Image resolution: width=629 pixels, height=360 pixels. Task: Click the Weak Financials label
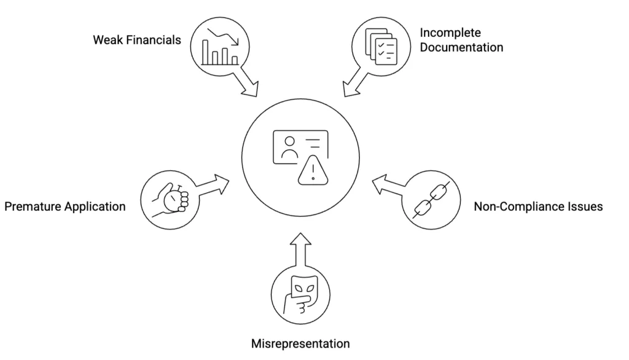coord(137,40)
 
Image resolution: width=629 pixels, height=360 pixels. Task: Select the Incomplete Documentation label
coord(461,40)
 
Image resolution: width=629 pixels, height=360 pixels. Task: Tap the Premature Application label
coord(65,206)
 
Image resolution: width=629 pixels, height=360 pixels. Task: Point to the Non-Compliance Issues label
coord(538,206)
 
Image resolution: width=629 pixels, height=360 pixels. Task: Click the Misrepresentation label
coord(300,343)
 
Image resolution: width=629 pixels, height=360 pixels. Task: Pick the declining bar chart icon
coord(220,47)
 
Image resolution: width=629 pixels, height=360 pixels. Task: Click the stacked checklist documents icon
coord(381,46)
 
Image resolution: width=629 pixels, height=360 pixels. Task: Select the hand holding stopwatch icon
coord(170,200)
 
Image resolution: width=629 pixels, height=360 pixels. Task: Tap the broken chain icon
coord(431,200)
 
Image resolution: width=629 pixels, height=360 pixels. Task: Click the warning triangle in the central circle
coord(313,170)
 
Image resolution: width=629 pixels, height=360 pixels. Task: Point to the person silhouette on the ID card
coord(289,147)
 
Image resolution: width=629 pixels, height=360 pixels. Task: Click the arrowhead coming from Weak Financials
coord(251,89)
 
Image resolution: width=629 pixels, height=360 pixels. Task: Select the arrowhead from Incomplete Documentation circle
coord(350,89)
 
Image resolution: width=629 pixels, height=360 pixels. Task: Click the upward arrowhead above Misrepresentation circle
coord(300,239)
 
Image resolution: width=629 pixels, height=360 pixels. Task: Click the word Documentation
coord(461,47)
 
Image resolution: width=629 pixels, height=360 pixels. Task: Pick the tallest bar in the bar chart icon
coord(205,52)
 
